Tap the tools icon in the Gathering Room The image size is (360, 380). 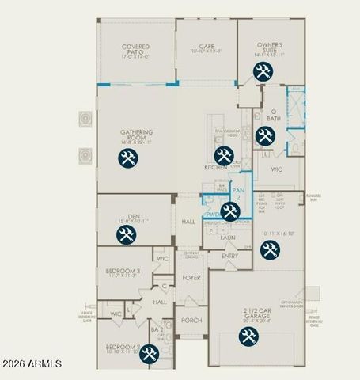[127, 158]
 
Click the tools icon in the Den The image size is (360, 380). [126, 234]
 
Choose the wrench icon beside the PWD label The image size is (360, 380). [230, 211]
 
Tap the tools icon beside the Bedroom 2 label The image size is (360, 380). [149, 354]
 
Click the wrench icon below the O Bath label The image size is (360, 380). [263, 135]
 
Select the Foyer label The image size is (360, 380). [191, 279]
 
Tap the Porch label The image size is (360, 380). [191, 321]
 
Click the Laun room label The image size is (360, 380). [228, 237]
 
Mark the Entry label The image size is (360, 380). [229, 256]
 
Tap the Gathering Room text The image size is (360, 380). [136, 135]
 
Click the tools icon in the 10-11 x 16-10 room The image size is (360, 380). [270, 249]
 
